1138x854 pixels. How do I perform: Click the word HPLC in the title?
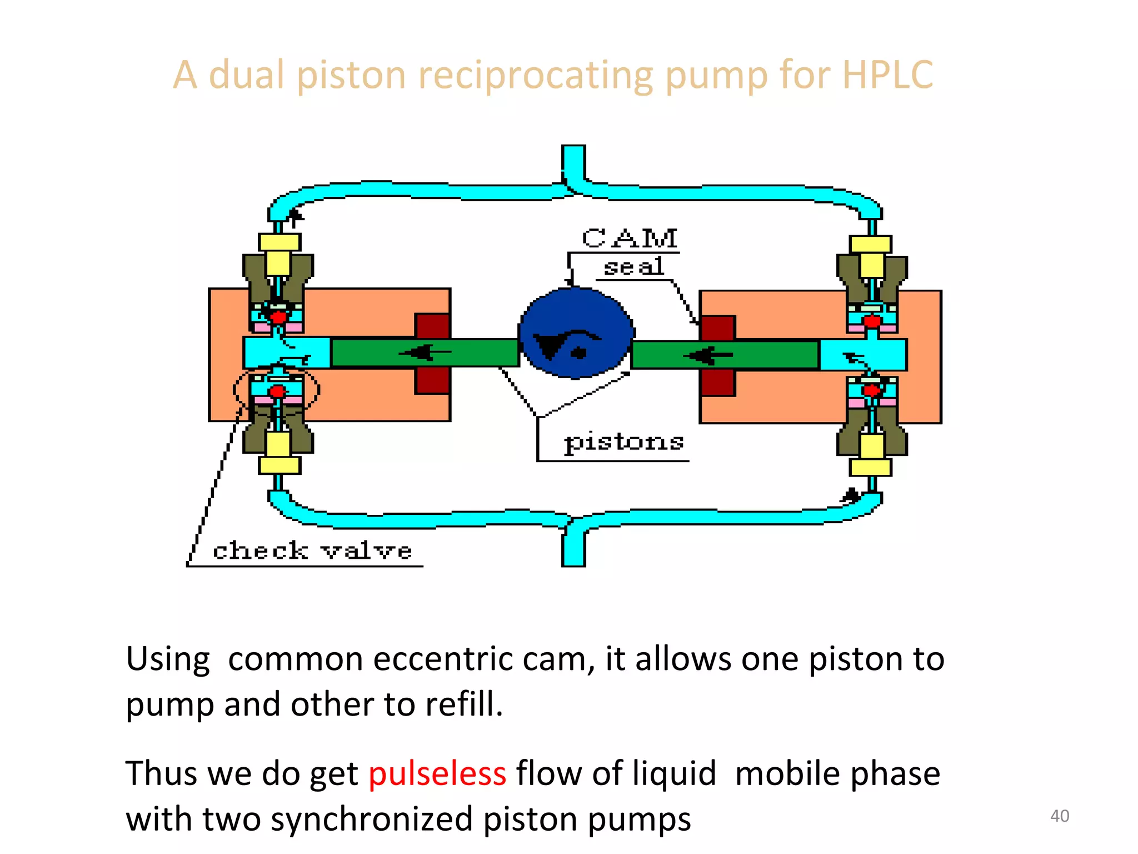[x=887, y=75]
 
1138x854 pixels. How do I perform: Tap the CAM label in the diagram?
[x=630, y=239]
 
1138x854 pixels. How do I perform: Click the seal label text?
[x=633, y=267]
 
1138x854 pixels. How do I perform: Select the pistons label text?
[x=623, y=442]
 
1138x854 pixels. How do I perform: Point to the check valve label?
[x=312, y=551]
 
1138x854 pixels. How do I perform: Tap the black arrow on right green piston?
[x=710, y=354]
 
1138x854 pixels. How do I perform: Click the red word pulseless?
[x=437, y=773]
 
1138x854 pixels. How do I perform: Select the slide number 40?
[x=1059, y=816]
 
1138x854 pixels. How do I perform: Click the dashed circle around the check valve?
[x=276, y=389]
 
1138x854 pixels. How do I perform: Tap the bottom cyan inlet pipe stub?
[x=573, y=548]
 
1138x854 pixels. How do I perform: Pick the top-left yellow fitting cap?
[x=279, y=242]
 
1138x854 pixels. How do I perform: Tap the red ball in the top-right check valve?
[x=871, y=321]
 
